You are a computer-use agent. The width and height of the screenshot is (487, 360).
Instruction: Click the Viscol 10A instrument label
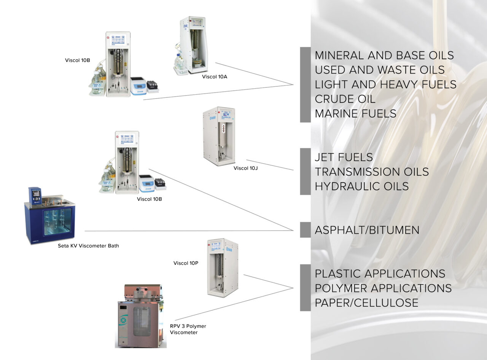tap(215, 76)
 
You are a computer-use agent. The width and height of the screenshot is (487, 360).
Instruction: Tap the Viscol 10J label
tap(245, 168)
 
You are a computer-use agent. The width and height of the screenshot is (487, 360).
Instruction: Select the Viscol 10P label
tap(186, 263)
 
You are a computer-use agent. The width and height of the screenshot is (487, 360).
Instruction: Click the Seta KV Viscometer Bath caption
tap(88, 246)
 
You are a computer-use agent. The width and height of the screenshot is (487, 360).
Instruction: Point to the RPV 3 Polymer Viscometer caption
tap(188, 329)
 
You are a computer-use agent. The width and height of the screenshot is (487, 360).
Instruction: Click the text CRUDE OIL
tap(345, 99)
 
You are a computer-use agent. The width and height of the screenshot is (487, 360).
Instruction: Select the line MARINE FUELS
tap(355, 113)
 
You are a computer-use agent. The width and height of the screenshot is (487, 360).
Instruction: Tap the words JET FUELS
tap(344, 157)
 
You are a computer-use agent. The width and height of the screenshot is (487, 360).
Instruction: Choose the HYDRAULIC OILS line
tap(361, 186)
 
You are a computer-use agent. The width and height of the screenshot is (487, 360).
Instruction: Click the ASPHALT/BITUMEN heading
tap(367, 230)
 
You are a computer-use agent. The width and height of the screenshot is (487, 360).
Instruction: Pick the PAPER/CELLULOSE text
tap(366, 303)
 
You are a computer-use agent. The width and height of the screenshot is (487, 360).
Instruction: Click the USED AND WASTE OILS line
tap(380, 70)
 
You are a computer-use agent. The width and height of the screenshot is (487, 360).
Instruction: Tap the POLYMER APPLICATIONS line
tap(383, 288)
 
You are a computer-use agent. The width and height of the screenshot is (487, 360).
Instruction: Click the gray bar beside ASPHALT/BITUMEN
tap(305, 230)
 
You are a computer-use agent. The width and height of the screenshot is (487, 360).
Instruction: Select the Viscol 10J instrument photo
tap(219, 136)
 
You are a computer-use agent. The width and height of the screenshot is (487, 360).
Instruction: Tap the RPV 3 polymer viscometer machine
tap(141, 316)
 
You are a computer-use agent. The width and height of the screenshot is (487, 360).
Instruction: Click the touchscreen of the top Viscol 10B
tap(118, 41)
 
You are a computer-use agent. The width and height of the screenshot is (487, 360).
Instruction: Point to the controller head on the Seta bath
tap(35, 196)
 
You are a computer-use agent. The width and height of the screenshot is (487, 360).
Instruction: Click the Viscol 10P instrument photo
tap(223, 267)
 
